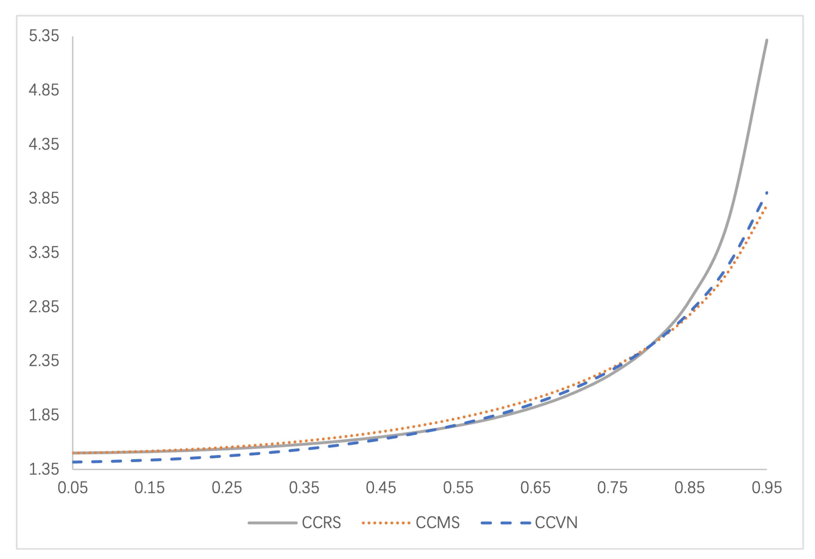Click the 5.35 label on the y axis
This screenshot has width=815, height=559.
[44, 36]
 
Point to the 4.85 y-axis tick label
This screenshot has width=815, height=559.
[44, 90]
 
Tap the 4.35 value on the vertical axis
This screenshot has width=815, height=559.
[44, 144]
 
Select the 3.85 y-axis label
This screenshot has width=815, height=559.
[44, 198]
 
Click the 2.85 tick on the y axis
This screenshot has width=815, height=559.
[44, 307]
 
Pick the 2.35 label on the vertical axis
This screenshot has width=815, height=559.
[44, 361]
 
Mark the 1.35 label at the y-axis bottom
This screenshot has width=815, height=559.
[44, 469]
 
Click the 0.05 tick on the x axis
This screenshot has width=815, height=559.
[73, 488]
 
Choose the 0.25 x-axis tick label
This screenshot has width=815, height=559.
[227, 488]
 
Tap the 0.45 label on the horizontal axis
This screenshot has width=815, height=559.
[381, 488]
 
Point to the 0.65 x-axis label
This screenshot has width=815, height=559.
[535, 488]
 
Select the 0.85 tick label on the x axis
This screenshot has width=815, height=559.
[689, 488]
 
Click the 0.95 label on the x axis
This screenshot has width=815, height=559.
[767, 488]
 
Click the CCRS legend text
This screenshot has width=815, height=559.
[321, 523]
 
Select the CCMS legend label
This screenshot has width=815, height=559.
[438, 523]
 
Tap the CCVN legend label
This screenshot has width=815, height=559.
[556, 523]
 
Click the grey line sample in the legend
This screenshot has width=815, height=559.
[273, 523]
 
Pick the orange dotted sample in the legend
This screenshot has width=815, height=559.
[386, 523]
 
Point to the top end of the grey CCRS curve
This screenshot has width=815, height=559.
[767, 40]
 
